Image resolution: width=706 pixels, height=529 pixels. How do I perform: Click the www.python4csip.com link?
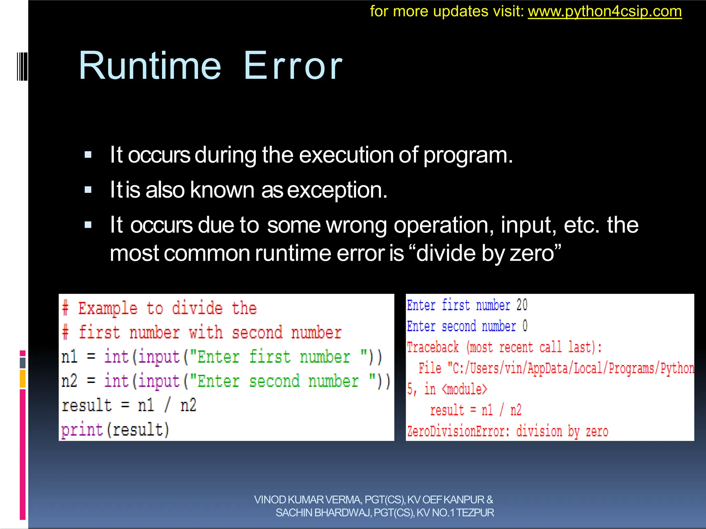click(x=605, y=12)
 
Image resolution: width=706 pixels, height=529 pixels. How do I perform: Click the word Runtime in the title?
click(x=150, y=66)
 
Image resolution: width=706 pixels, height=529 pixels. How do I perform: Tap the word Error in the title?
click(x=293, y=66)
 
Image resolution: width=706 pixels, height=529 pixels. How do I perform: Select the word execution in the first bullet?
click(x=346, y=155)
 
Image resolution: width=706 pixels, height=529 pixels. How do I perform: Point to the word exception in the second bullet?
click(x=337, y=190)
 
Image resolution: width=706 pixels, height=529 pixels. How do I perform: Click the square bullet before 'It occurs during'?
click(x=88, y=155)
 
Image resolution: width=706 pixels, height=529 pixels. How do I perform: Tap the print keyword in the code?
click(x=82, y=430)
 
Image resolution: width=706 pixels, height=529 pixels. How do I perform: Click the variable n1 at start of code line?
click(x=69, y=357)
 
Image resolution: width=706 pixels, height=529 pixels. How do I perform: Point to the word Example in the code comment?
click(x=108, y=308)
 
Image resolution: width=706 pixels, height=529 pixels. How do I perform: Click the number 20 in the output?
click(x=522, y=305)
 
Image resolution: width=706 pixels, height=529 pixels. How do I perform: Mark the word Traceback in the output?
click(x=433, y=347)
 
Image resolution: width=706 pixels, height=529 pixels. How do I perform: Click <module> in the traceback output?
click(x=464, y=390)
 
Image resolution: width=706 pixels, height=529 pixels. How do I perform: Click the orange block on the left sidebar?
click(x=23, y=379)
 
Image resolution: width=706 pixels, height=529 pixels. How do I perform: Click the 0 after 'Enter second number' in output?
click(x=525, y=326)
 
